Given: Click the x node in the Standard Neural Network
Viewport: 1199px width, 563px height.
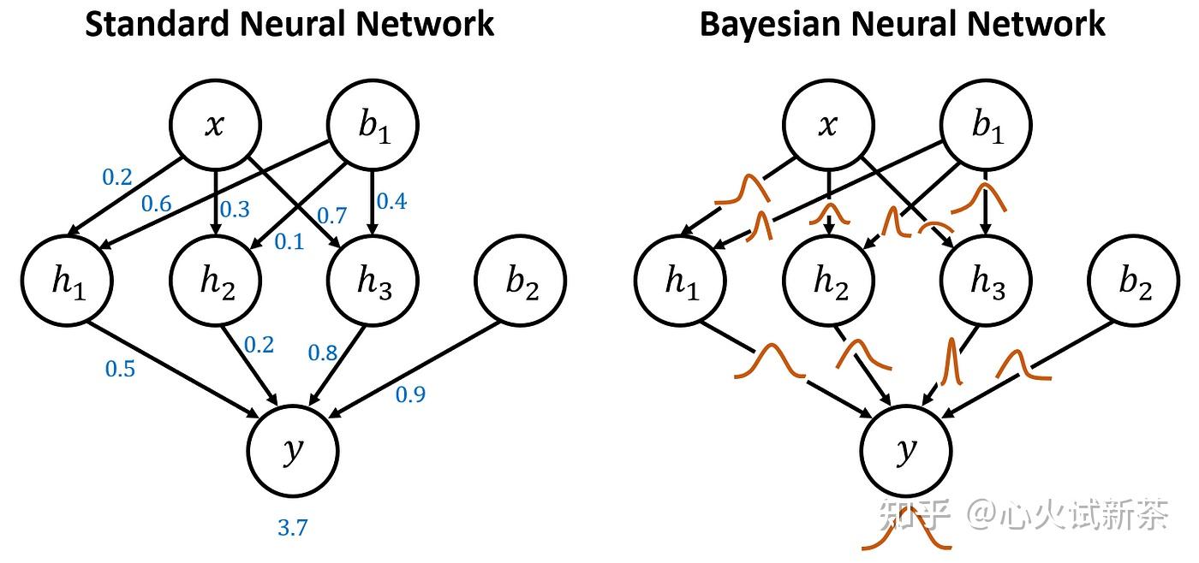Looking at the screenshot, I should click(214, 126).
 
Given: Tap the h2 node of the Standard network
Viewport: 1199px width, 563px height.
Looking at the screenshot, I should click(216, 281).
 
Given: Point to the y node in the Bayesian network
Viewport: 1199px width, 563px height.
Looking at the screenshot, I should click(906, 451).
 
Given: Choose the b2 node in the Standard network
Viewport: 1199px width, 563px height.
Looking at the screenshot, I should click(521, 281).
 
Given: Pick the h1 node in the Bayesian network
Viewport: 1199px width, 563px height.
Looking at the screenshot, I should click(681, 281).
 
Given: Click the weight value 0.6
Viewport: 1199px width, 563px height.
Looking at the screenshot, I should click(156, 204).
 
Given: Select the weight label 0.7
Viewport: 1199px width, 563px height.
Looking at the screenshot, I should click(331, 215).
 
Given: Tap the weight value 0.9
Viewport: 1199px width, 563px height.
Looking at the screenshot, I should click(410, 394).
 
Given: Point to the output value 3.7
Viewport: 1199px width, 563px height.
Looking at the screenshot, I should click(292, 528).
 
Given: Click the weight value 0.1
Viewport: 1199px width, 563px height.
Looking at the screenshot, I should click(289, 243).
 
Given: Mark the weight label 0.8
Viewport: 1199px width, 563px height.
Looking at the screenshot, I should click(322, 353).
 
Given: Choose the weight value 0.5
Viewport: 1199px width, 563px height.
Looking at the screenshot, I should click(120, 369).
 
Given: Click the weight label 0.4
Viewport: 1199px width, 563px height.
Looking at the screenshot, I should click(391, 202).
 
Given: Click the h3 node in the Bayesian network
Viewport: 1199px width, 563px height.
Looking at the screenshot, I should click(987, 281).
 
